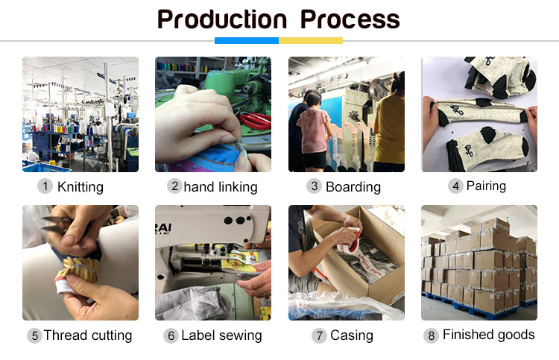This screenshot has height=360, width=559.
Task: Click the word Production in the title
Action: [222, 19]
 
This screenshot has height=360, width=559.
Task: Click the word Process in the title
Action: [350, 19]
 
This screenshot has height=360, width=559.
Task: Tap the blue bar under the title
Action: [247, 41]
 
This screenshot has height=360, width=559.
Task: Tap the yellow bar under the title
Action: [311, 41]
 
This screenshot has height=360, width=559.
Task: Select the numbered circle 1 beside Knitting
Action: [45, 186]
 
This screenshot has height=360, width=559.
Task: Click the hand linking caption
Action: [221, 187]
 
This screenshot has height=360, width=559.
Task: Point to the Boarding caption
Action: [353, 187]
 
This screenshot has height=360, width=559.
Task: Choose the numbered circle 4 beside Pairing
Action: [455, 186]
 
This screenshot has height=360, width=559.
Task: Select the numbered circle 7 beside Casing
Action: [319, 335]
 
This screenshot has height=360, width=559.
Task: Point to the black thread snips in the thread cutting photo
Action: [57, 224]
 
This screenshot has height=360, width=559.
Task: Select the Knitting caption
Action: [80, 187]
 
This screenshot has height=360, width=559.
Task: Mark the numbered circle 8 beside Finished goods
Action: [431, 335]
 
